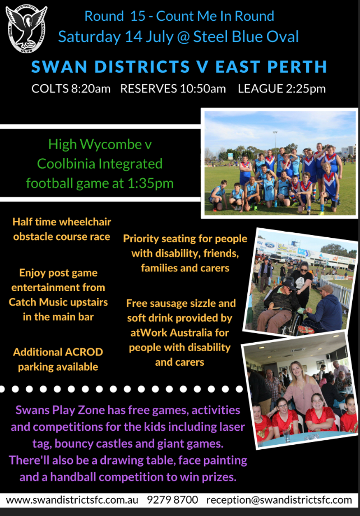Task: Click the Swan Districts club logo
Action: pos(26,29)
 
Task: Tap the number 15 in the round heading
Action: pos(137,16)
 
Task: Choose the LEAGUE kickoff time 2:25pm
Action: pos(306,89)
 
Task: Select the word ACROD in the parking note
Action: pos(84,352)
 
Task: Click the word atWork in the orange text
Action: pos(147,333)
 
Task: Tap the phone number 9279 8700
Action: pos(173,500)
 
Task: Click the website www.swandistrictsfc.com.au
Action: pos(72,500)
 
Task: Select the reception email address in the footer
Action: pos(279,500)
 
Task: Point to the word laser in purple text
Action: pos(232,427)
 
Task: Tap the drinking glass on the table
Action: pos(287,435)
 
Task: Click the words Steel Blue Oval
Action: pos(246,37)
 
